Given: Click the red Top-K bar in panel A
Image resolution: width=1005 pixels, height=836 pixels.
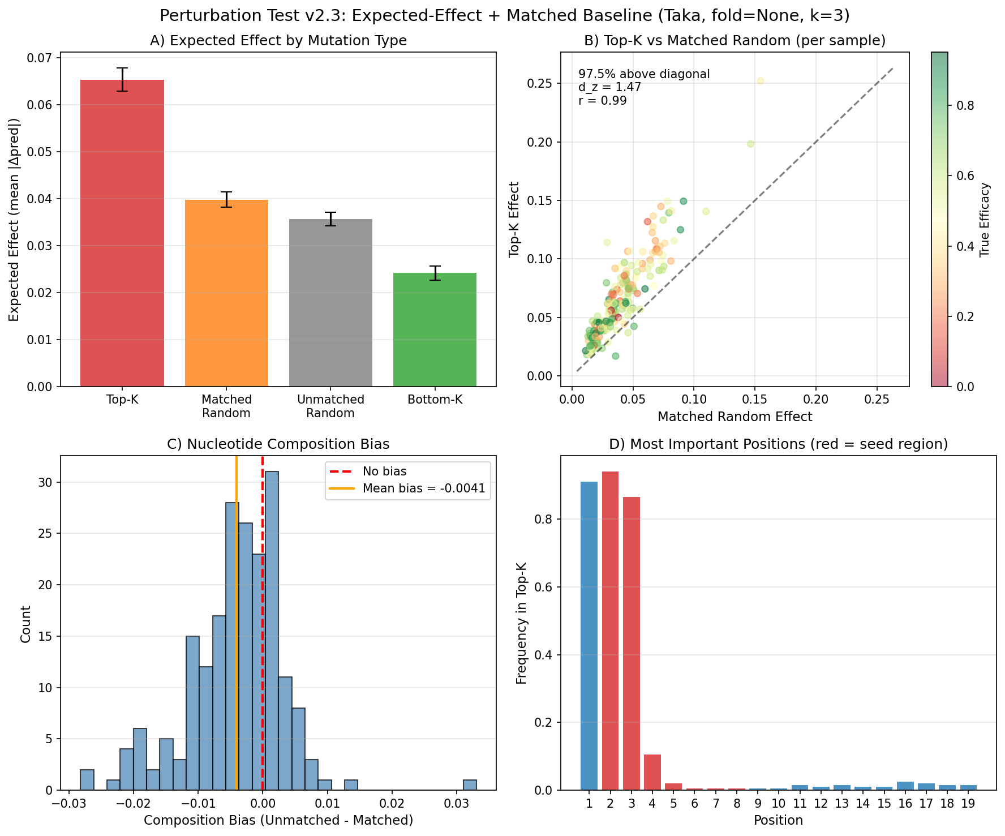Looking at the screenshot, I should (x=122, y=233).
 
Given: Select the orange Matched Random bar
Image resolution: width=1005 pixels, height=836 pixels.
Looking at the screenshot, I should (x=226, y=293).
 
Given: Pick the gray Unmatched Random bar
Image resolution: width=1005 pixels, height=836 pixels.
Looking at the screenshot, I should (x=330, y=303).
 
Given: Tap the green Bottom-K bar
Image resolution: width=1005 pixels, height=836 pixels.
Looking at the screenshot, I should (x=435, y=329).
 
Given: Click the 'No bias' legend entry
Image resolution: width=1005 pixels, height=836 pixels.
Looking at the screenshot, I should (x=384, y=471).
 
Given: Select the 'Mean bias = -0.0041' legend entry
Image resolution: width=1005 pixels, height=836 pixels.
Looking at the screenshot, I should (x=424, y=488).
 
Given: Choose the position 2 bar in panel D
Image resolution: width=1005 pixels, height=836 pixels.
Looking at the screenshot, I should (x=610, y=631).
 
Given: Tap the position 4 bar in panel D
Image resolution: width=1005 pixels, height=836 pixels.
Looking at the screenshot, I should (x=652, y=772).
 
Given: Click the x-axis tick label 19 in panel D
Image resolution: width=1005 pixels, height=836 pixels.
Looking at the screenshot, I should (x=968, y=804).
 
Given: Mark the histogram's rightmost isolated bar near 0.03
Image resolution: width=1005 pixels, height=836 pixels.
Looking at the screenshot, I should (x=470, y=784).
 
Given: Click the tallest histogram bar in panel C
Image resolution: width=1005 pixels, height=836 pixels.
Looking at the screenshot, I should (x=272, y=631).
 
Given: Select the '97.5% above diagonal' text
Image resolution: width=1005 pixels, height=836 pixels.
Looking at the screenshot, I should (x=644, y=74).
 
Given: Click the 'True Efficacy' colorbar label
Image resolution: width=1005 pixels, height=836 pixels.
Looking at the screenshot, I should (x=985, y=220).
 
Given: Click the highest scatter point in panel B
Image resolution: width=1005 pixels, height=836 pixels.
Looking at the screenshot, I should (x=761, y=81).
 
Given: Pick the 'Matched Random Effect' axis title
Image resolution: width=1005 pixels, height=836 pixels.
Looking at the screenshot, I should (x=735, y=417).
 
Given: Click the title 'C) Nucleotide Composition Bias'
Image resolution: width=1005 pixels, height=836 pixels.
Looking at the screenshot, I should (x=278, y=444).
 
